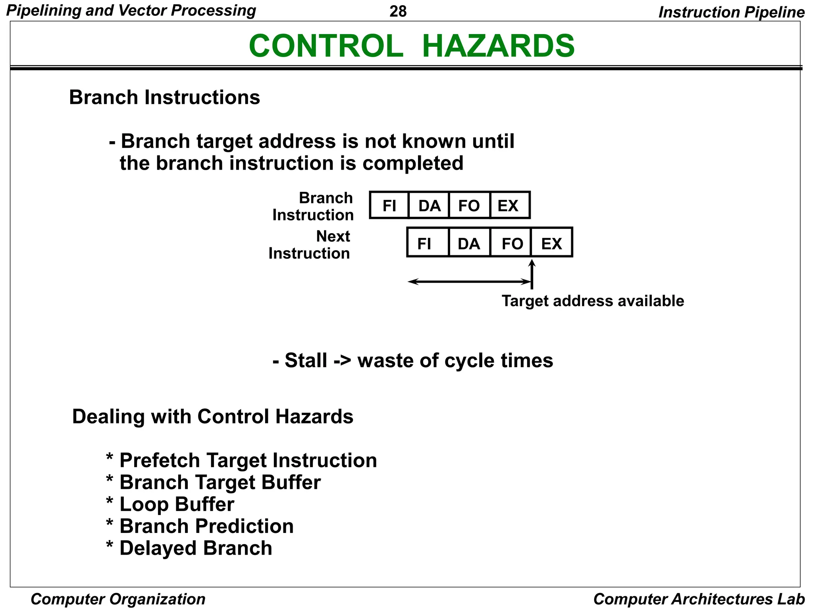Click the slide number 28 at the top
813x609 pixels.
click(398, 11)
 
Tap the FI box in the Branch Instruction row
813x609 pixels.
click(389, 205)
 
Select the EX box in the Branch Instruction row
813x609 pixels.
click(509, 205)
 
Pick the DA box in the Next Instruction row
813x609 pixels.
click(469, 243)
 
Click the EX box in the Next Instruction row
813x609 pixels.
click(551, 243)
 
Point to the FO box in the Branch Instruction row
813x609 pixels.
click(469, 205)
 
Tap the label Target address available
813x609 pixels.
click(593, 301)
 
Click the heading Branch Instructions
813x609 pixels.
click(164, 98)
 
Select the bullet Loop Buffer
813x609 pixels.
click(177, 504)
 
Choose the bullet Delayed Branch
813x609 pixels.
click(195, 548)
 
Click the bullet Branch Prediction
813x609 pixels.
click(206, 527)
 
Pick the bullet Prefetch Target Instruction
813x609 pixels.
click(248, 461)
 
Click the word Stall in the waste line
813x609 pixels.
click(306, 360)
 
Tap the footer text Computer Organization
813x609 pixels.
click(118, 599)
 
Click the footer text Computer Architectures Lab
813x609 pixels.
click(699, 599)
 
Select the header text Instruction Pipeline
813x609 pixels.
click(731, 12)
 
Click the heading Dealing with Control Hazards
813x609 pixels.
click(212, 417)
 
